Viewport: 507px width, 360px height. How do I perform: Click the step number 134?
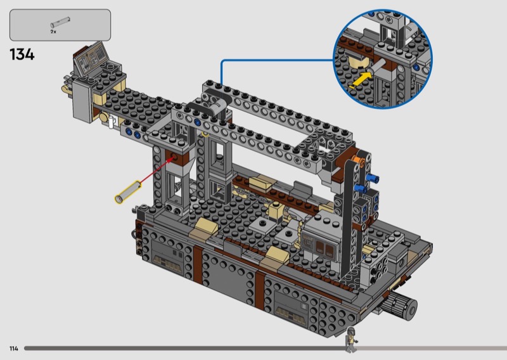(22, 55)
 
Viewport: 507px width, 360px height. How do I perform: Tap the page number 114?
(14, 349)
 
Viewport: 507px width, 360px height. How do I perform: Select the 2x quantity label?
(53, 32)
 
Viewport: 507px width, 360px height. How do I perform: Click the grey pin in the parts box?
(60, 22)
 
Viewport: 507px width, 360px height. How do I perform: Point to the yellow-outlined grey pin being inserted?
(129, 192)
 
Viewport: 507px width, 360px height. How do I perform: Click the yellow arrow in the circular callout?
(360, 80)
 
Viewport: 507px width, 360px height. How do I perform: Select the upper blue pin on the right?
(373, 177)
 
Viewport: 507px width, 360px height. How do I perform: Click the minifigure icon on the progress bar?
(351, 339)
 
